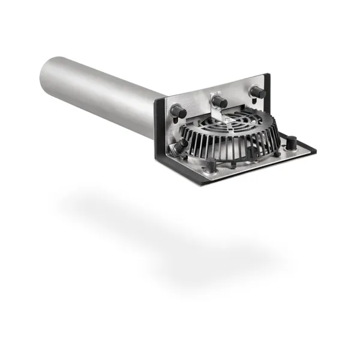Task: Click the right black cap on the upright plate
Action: tap(258, 92)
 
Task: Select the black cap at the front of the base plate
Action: tap(212, 166)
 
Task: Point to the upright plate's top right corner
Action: tap(268, 75)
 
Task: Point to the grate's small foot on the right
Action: tap(278, 154)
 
